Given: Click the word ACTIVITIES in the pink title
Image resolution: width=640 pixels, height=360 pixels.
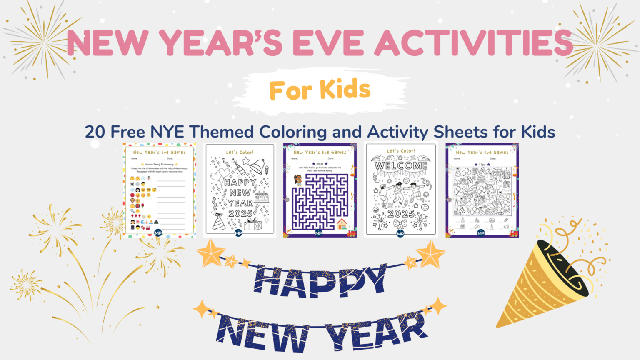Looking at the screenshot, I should (473, 42).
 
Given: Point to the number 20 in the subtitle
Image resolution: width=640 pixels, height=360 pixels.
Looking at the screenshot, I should (95, 132).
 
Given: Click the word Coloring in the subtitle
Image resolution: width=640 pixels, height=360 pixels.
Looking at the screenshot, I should (293, 132).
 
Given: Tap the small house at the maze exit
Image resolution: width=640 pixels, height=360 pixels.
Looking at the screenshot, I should (341, 224).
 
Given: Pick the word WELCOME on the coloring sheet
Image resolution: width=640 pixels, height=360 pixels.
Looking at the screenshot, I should (401, 165).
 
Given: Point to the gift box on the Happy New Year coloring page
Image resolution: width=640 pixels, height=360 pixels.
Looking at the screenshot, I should (252, 225).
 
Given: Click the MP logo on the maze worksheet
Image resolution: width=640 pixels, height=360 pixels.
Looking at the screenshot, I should (319, 233).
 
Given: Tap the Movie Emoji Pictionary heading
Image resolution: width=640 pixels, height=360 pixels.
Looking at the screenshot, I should (159, 164).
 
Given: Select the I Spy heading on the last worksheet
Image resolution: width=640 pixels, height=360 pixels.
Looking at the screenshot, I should (482, 164).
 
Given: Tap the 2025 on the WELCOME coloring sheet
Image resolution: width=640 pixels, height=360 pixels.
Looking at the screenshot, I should (401, 213).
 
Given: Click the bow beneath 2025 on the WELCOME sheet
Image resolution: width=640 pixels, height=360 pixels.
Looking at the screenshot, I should (400, 225).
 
